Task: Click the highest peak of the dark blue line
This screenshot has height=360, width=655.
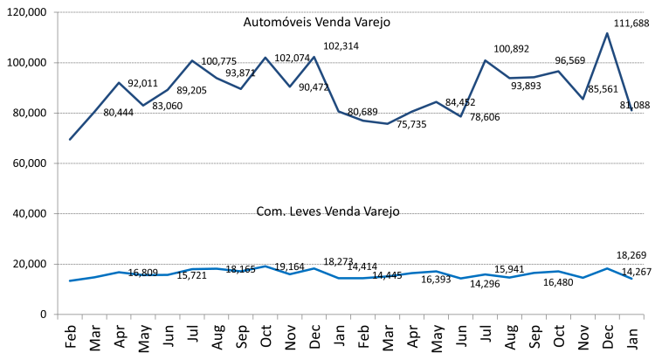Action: pos(607,33)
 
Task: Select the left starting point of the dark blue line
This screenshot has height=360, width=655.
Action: pos(70,139)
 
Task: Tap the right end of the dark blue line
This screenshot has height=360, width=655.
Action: pos(631,111)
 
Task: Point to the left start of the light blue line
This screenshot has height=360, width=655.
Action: pos(70,280)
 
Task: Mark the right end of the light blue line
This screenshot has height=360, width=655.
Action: pos(631,279)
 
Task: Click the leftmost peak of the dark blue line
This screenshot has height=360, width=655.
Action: pos(119,83)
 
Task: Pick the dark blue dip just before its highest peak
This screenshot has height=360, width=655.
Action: pos(583,99)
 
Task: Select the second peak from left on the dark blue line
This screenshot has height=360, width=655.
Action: pos(192,60)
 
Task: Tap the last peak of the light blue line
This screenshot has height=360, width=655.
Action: pos(607,268)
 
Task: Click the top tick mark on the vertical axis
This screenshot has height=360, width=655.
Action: pos(58,12)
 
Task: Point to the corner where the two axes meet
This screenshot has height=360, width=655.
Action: pos(58,315)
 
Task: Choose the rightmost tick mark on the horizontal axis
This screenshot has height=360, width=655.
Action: pos(644,316)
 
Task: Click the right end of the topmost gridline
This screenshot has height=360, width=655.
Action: pos(644,12)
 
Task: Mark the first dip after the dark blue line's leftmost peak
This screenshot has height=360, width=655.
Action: pos(143,105)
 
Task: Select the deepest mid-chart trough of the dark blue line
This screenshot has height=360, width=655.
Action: pos(387,123)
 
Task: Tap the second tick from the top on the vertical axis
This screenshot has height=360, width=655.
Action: pos(58,63)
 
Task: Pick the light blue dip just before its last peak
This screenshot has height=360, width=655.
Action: pos(583,277)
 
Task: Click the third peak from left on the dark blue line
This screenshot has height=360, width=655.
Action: pos(265,58)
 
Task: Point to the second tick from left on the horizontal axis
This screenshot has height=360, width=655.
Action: pos(82,316)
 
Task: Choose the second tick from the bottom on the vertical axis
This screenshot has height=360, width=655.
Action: pos(58,264)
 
